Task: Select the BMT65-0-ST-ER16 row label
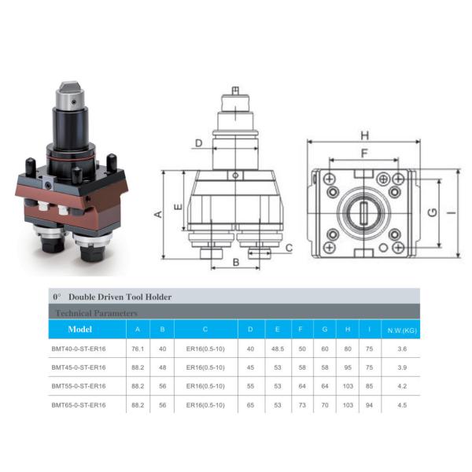pos(79,406)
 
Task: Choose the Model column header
pos(80,330)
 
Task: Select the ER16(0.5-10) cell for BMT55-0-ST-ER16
pos(205,387)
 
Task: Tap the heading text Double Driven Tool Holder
pos(120,297)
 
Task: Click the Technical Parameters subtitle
pos(93,312)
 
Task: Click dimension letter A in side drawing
pos(157,214)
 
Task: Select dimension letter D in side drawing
pos(198,143)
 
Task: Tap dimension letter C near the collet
pos(289,248)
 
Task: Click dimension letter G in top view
pos(431,213)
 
